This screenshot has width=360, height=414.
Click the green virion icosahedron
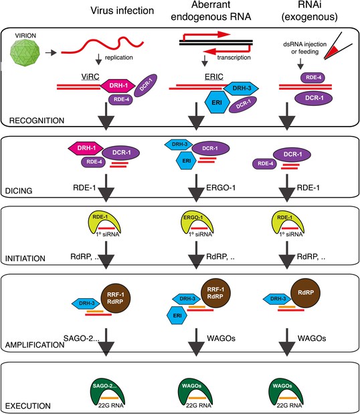[25, 53]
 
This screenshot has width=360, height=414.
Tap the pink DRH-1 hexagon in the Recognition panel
[118, 86]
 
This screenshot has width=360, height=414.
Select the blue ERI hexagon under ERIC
[217, 102]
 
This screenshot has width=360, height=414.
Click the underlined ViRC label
[90, 77]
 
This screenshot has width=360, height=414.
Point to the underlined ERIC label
[214, 77]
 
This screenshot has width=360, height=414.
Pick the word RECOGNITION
[37, 121]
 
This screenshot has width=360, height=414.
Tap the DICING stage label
[19, 191]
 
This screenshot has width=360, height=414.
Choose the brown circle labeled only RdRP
[306, 293]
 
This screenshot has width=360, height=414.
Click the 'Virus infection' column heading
[122, 11]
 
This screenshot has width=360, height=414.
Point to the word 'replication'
[118, 58]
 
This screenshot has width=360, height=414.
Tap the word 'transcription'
[234, 58]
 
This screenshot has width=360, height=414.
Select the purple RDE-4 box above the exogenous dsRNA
[313, 78]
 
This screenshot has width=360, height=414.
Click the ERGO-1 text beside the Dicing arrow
[221, 188]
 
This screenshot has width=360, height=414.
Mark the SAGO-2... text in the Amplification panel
[81, 338]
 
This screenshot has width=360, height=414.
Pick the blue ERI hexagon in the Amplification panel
[177, 316]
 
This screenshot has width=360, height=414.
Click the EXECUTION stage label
[27, 406]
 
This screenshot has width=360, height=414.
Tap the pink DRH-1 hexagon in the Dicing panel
[86, 148]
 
